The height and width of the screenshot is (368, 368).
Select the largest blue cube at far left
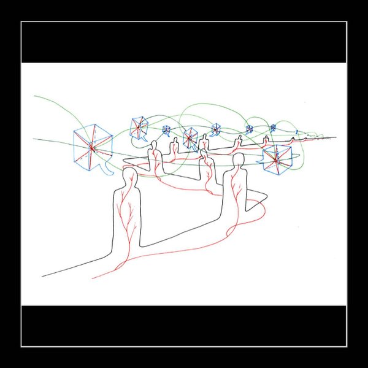click(x=92, y=147)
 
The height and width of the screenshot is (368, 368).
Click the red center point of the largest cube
click(x=92, y=148)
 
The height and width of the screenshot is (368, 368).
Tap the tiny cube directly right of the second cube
click(x=166, y=129)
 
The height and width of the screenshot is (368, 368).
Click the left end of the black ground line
click(x=43, y=276)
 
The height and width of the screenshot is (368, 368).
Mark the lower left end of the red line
click(x=93, y=278)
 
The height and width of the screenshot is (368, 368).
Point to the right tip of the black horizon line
click(x=335, y=136)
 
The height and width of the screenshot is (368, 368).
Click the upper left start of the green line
click(x=35, y=96)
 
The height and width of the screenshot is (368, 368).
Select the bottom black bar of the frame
click(x=184, y=325)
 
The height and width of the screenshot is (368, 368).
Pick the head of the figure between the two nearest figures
click(x=206, y=153)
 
